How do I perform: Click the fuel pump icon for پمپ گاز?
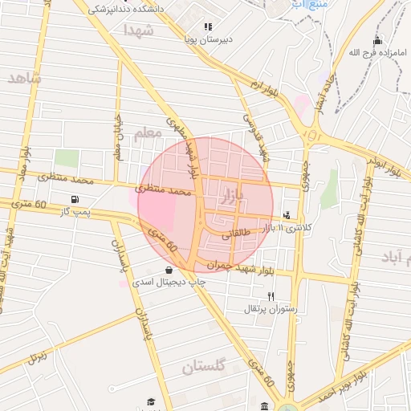point(75,199)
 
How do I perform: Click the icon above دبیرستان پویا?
point(208,26)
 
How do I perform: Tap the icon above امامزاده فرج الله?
point(377,41)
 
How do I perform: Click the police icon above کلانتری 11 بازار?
point(287,215)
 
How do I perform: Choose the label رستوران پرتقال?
point(271,308)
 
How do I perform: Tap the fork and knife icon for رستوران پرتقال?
point(271,296)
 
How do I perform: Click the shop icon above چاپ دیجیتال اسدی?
point(168,270)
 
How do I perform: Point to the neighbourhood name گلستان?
point(205,368)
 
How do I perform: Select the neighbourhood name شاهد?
point(24,78)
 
